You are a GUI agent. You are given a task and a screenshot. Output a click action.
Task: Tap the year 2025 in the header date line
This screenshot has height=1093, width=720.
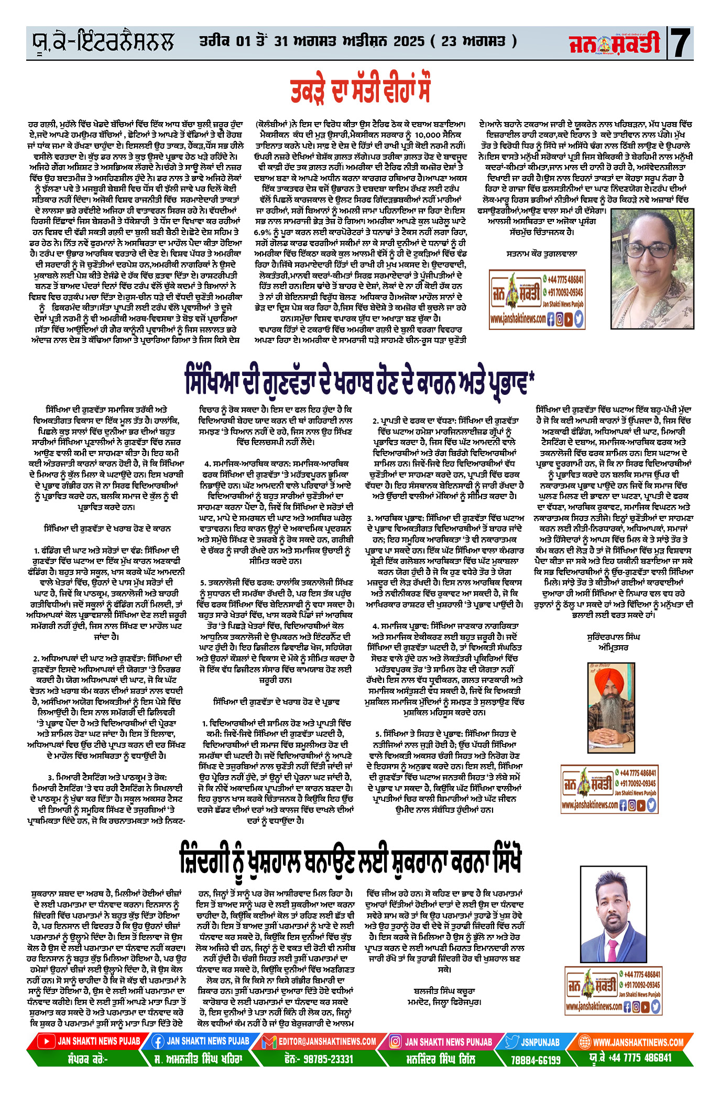coord(401,41)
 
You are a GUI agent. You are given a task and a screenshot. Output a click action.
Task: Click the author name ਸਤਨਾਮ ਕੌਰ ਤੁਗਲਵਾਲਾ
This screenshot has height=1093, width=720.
coord(542,253)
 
